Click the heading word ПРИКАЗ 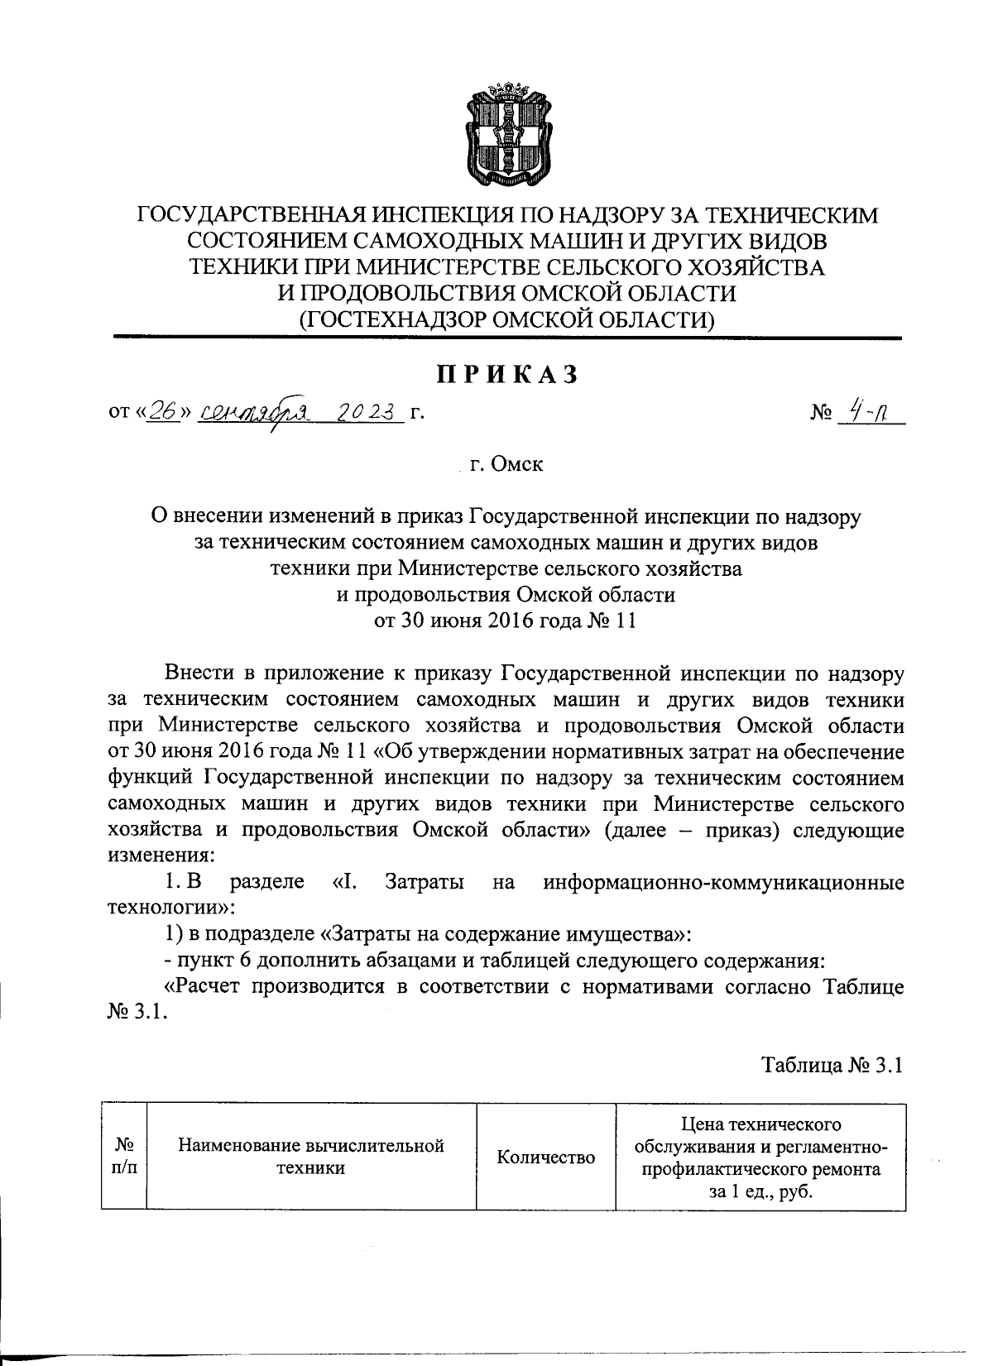(x=506, y=375)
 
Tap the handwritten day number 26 (x=164, y=411)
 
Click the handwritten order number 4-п (x=866, y=411)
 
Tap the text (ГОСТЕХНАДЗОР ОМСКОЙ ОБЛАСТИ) (x=506, y=318)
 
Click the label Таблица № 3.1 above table (x=832, y=1065)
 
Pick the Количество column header (x=545, y=1158)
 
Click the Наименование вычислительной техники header (x=311, y=1157)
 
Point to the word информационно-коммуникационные (x=723, y=883)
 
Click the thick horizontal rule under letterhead (x=506, y=338)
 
